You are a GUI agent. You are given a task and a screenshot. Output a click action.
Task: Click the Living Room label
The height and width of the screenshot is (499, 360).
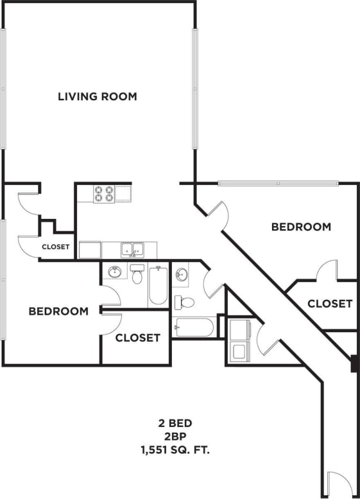click(x=98, y=97)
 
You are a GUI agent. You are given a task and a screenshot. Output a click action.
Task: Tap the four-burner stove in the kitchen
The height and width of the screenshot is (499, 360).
click(x=104, y=194)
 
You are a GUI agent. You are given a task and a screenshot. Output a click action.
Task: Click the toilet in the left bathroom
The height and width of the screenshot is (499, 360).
click(x=137, y=274)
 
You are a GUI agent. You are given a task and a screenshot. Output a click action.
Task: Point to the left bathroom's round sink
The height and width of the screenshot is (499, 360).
click(x=116, y=272)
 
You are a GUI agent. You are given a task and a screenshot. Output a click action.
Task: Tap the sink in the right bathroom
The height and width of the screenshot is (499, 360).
click(x=182, y=275)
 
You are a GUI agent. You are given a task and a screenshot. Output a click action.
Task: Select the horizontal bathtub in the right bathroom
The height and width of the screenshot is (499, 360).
click(x=193, y=328)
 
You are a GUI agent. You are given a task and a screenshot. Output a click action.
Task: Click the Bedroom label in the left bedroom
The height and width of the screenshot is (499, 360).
click(x=58, y=311)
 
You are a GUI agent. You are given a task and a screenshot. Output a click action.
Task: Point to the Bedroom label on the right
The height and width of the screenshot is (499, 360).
click(x=301, y=227)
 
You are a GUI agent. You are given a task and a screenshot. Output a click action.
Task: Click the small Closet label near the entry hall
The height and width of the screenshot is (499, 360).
click(x=56, y=247)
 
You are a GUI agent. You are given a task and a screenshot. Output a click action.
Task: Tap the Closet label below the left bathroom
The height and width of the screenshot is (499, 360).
click(x=137, y=338)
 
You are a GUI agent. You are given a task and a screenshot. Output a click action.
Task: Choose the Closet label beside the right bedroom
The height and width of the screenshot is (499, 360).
click(x=329, y=304)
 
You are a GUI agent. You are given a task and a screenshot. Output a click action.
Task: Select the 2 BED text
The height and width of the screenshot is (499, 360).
click(x=175, y=424)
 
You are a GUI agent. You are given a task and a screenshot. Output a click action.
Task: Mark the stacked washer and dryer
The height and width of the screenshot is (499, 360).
click(x=239, y=340)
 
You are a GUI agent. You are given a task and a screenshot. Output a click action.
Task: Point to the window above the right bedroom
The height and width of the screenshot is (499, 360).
click(x=278, y=184)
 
